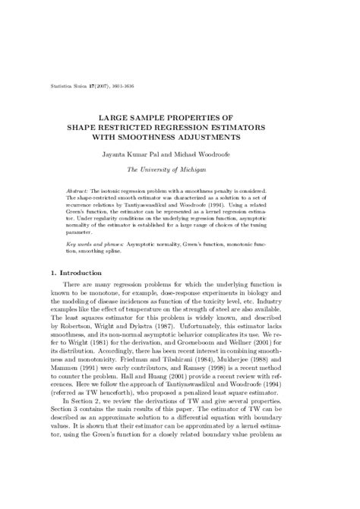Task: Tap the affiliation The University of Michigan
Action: coord(180,172)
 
